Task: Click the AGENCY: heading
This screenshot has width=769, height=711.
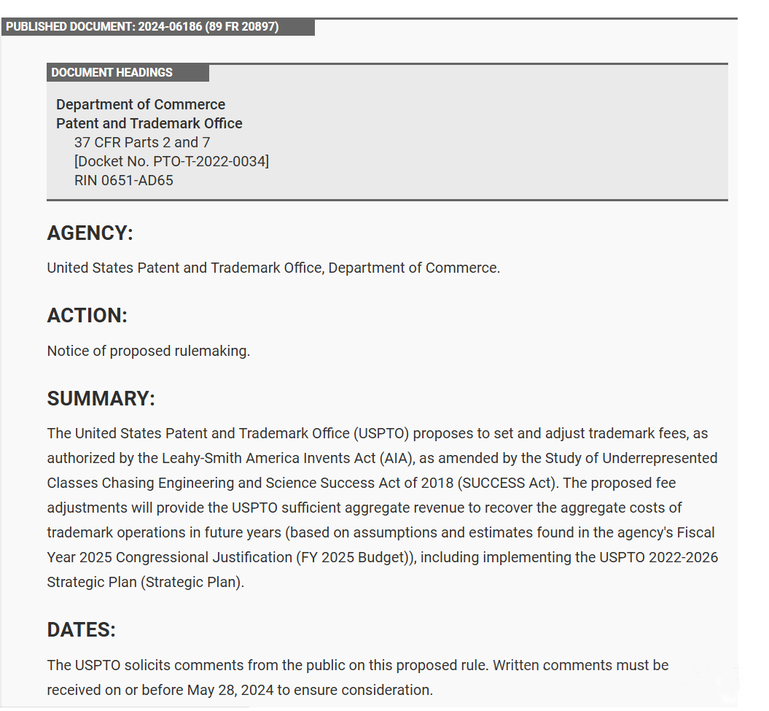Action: [90, 233]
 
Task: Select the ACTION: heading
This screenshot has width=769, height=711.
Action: [87, 316]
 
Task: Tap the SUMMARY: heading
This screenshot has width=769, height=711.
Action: [101, 399]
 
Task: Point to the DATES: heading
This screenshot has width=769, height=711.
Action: [82, 630]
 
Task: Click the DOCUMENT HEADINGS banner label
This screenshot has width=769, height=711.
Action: [112, 73]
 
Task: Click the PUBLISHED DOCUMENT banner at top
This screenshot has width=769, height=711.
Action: [142, 27]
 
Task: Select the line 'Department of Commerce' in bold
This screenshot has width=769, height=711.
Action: [141, 104]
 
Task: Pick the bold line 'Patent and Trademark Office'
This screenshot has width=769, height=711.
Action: [149, 123]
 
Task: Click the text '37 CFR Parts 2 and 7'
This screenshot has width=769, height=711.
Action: [142, 142]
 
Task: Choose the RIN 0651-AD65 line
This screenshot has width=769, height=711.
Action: [124, 180]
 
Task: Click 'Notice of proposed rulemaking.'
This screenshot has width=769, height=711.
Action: [149, 351]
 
